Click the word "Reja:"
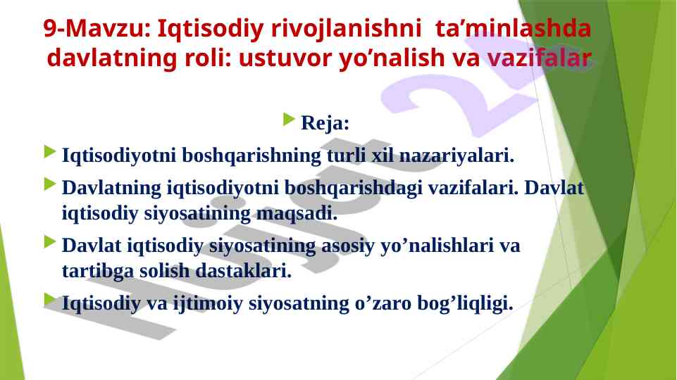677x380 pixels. (325, 122)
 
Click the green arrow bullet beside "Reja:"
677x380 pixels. (289, 119)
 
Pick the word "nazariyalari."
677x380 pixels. (456, 156)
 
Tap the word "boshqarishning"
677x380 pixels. (251, 156)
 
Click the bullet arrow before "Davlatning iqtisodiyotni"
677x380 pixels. (50, 184)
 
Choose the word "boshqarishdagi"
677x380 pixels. (353, 189)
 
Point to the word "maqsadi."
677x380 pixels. (297, 214)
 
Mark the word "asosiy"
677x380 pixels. (348, 246)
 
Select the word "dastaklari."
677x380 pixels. (244, 271)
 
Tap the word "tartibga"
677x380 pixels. (98, 272)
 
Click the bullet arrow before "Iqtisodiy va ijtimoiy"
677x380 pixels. (50, 300)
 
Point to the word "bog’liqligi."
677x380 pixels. (465, 304)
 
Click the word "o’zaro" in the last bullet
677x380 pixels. (383, 303)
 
